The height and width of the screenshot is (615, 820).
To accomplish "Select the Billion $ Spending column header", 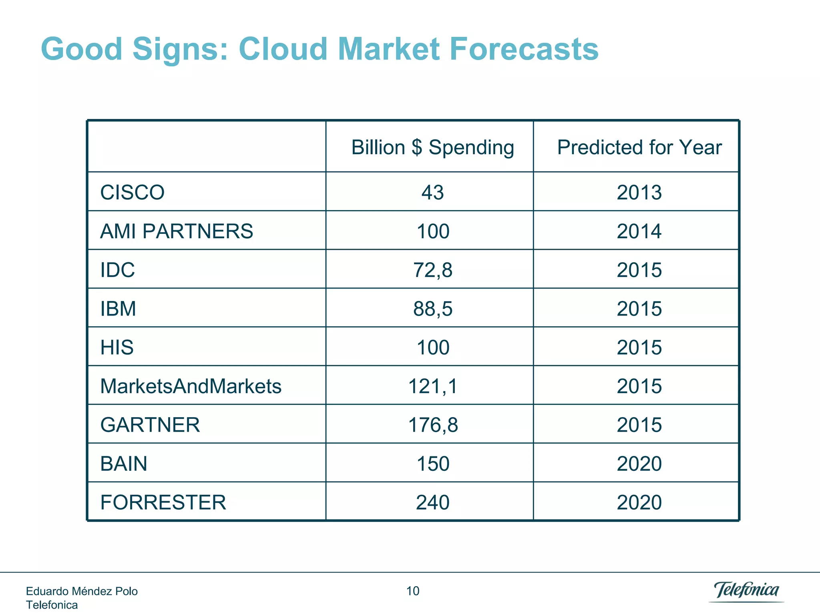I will pyautogui.click(x=432, y=147).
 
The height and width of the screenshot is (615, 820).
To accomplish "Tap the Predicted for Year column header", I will pyautogui.click(x=639, y=147).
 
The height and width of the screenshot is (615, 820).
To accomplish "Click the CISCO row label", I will pyautogui.click(x=132, y=193).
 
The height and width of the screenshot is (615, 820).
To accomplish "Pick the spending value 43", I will pyautogui.click(x=432, y=193).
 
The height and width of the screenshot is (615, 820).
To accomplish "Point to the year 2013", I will pyautogui.click(x=639, y=193).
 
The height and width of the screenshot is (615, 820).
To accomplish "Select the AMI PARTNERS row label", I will pyautogui.click(x=176, y=231).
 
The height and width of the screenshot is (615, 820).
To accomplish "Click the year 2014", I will pyautogui.click(x=639, y=231).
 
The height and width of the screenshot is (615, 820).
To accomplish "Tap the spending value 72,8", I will pyautogui.click(x=432, y=270).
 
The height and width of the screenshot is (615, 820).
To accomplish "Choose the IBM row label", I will pyautogui.click(x=118, y=309).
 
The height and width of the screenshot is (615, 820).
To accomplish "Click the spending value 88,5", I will pyautogui.click(x=432, y=309).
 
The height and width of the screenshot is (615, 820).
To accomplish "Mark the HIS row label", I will pyautogui.click(x=117, y=348).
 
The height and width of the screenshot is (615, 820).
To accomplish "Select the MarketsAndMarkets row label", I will pyautogui.click(x=191, y=386).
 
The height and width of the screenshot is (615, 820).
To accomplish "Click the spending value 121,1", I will pyautogui.click(x=432, y=386).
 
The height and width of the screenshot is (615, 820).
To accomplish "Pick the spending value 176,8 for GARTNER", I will pyautogui.click(x=432, y=425).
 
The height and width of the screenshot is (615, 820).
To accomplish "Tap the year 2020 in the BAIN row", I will pyautogui.click(x=639, y=464).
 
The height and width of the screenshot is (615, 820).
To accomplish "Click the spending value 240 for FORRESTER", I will pyautogui.click(x=432, y=502).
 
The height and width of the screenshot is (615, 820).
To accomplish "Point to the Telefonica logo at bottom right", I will pyautogui.click(x=746, y=591).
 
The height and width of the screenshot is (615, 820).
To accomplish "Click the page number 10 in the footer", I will pyautogui.click(x=413, y=591).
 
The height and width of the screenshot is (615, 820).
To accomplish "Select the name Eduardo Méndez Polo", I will pyautogui.click(x=82, y=591).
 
